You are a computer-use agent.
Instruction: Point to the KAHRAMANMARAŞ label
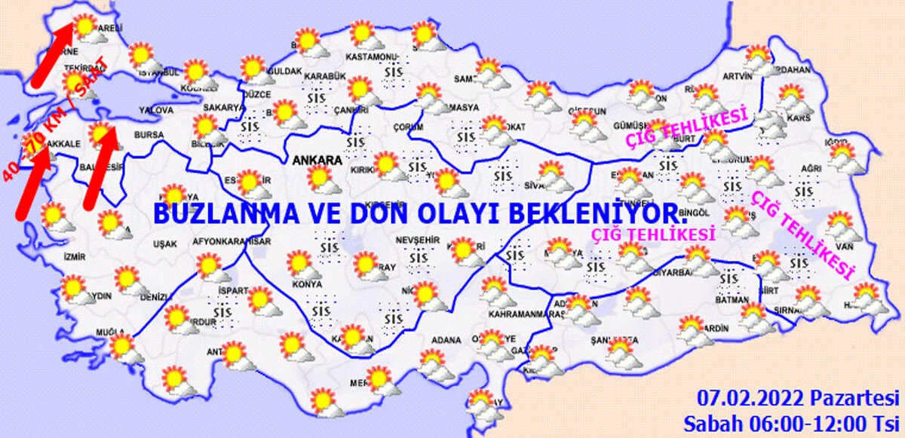[517, 312]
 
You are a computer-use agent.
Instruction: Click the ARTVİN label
[737, 76]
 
